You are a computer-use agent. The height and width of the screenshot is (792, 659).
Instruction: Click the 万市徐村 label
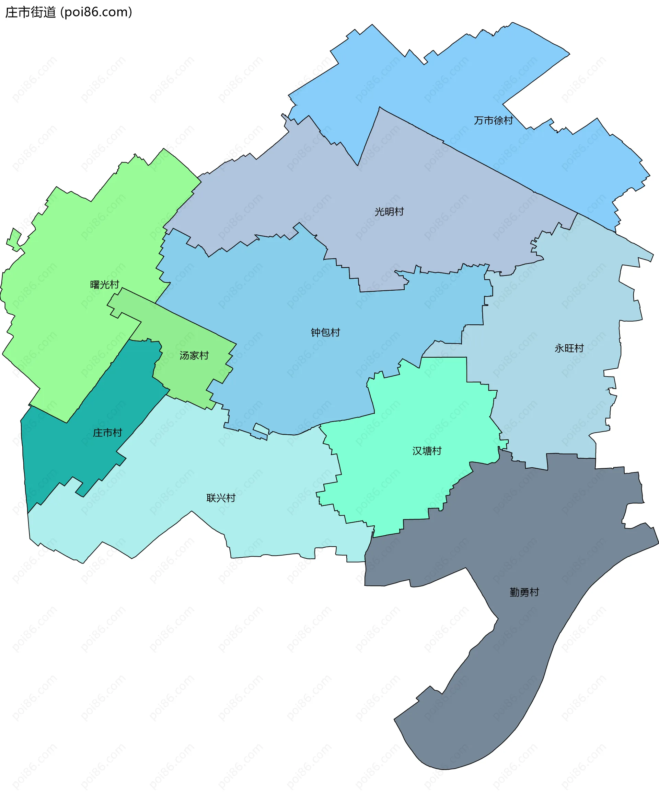point(493,121)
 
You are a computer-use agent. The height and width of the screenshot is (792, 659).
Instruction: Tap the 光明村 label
point(389,212)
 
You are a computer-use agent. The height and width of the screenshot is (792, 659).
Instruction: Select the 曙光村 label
point(104,285)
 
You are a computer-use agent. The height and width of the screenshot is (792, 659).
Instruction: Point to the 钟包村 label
point(325,333)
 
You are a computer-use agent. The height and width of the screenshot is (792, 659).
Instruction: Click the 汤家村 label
point(194,356)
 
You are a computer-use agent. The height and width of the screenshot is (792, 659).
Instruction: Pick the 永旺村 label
point(569,348)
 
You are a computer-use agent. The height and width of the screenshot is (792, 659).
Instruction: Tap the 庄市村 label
point(107,433)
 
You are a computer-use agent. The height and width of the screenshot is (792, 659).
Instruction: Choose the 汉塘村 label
point(427,451)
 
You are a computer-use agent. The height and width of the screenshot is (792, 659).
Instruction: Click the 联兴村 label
point(221,498)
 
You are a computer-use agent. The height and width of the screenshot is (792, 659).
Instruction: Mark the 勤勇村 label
point(524,592)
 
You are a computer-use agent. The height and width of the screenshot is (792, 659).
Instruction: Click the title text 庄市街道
point(31,12)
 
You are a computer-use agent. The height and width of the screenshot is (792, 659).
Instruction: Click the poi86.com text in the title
point(96,12)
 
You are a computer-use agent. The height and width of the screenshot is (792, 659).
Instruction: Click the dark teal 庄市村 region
point(76,453)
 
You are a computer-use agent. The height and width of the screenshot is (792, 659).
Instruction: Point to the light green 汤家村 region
point(188,373)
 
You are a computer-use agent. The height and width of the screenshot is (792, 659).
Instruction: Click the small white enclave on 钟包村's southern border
point(261,428)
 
